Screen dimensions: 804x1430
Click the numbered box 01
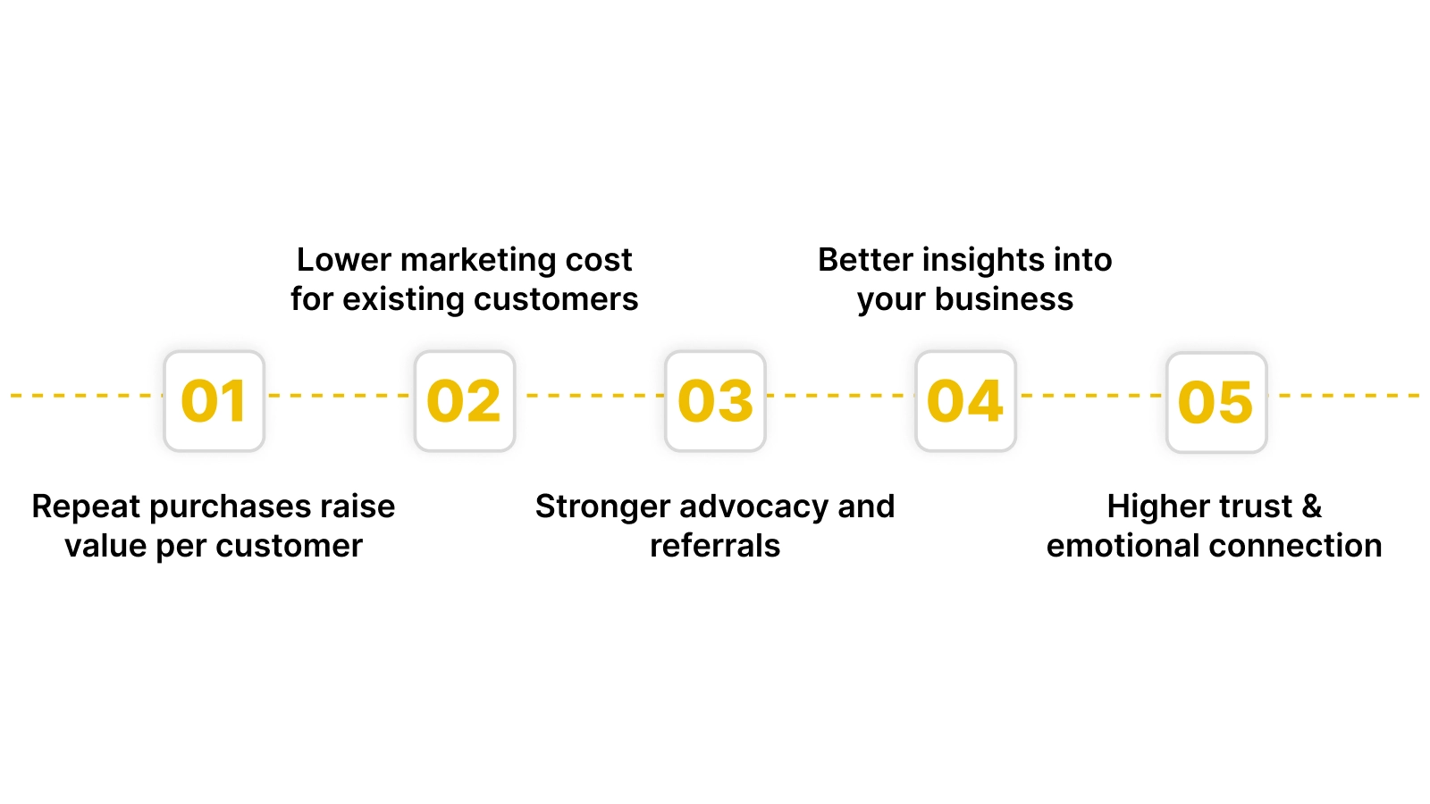[214, 401]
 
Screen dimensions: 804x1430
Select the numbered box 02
[465, 401]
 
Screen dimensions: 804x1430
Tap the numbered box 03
[715, 401]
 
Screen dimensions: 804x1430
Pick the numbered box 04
[965, 401]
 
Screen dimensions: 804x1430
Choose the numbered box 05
[1216, 402]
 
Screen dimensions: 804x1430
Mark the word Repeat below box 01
[86, 507]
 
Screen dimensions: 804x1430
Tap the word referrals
[715, 546]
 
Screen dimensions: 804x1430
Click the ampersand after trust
[1311, 507]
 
